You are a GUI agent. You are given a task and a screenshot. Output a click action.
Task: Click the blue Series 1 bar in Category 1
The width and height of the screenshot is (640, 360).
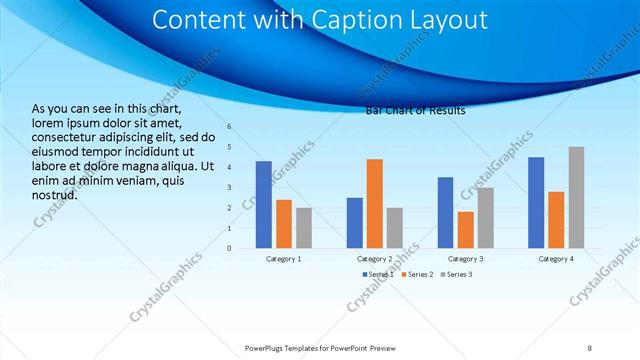click(264, 204)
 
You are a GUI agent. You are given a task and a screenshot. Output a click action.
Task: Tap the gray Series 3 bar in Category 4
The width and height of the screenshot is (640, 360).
click(576, 197)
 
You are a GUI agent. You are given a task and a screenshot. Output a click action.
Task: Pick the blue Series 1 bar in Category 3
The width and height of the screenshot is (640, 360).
click(445, 212)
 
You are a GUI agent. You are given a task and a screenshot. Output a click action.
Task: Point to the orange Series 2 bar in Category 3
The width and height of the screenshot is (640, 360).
click(465, 229)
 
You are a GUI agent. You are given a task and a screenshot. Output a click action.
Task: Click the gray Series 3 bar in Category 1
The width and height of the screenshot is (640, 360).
click(304, 227)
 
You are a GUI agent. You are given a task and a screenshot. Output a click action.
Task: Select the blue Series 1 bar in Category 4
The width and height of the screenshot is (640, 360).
click(536, 202)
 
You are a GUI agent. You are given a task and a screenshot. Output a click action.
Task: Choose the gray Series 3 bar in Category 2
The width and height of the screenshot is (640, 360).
click(394, 227)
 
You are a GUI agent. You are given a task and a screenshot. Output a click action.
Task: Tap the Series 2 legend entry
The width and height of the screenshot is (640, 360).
click(417, 274)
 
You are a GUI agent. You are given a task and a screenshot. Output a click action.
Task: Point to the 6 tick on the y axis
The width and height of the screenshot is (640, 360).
click(229, 127)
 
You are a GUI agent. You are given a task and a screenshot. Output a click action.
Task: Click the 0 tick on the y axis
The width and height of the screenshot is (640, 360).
click(229, 248)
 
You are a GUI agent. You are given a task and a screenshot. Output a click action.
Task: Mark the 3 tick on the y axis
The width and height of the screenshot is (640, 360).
click(229, 188)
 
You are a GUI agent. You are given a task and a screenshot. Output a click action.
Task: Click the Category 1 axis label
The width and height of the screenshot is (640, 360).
click(284, 259)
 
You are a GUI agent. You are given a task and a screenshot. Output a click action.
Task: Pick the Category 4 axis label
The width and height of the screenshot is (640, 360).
click(556, 259)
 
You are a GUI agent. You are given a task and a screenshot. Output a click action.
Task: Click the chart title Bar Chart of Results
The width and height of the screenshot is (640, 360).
click(415, 110)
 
